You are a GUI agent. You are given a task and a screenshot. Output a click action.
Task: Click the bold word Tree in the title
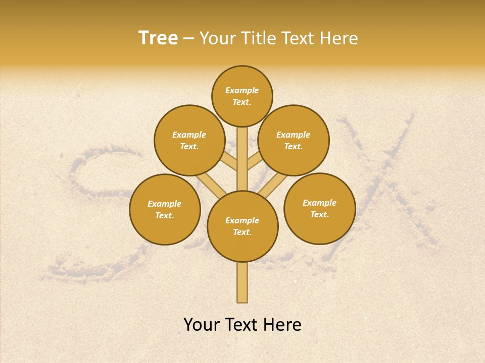[158, 38]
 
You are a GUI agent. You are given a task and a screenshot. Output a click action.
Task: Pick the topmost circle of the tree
[242, 96]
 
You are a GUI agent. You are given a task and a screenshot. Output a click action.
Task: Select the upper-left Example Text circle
[189, 140]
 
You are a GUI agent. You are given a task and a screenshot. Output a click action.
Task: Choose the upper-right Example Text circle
[294, 140]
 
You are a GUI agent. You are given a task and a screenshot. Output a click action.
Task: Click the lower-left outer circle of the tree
[165, 209]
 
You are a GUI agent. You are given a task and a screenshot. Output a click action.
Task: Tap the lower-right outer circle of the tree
[319, 208]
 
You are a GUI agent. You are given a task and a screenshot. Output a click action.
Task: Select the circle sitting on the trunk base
[243, 226]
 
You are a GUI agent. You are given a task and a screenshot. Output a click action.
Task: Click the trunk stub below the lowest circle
[243, 282]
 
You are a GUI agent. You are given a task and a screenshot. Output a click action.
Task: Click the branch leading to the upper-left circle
[229, 162]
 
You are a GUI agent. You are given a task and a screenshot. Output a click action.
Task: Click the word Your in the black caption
[202, 325]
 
